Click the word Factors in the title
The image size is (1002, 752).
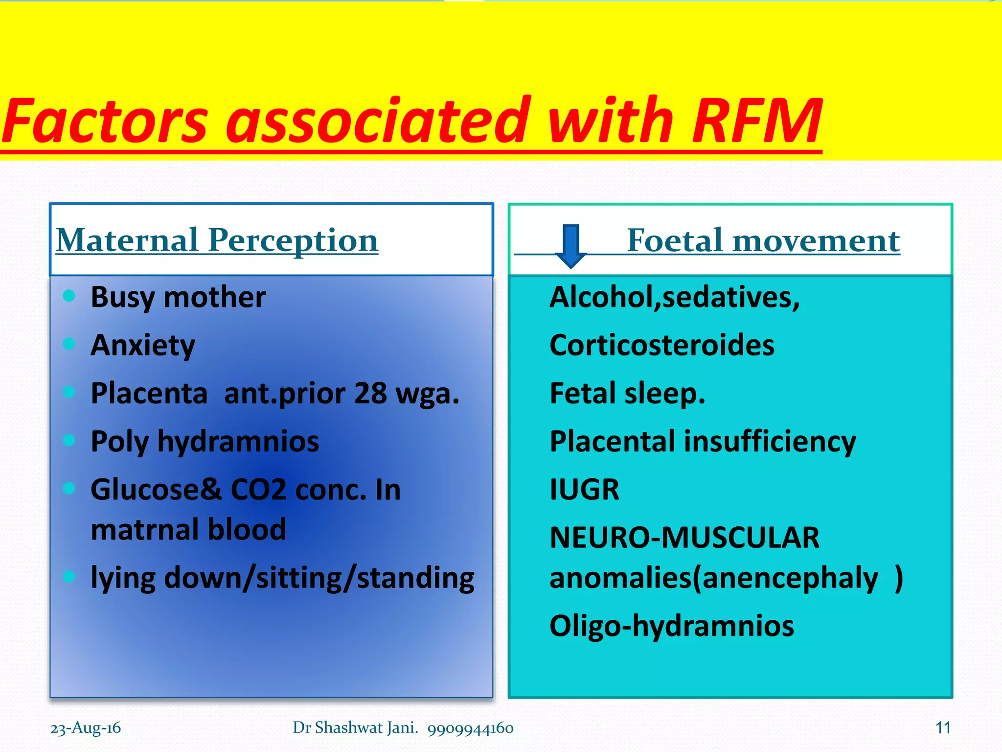tap(105, 121)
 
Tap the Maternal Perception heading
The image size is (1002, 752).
tap(217, 240)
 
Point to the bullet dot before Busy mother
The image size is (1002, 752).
tap(69, 295)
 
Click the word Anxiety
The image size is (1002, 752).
tap(143, 346)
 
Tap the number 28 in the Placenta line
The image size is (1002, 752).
tap(370, 393)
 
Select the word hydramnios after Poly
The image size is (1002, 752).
tap(238, 442)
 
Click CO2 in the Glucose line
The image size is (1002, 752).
tap(258, 490)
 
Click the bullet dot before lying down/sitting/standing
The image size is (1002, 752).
tap(69, 576)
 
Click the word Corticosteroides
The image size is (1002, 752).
tap(661, 345)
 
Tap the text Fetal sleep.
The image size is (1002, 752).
tap(627, 393)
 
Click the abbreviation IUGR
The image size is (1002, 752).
tap(584, 490)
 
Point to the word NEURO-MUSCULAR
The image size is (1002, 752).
tap(684, 538)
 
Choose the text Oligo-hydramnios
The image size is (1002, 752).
tap(671, 626)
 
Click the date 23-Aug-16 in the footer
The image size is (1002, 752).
tap(86, 728)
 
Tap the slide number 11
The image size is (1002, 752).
tap(943, 728)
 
